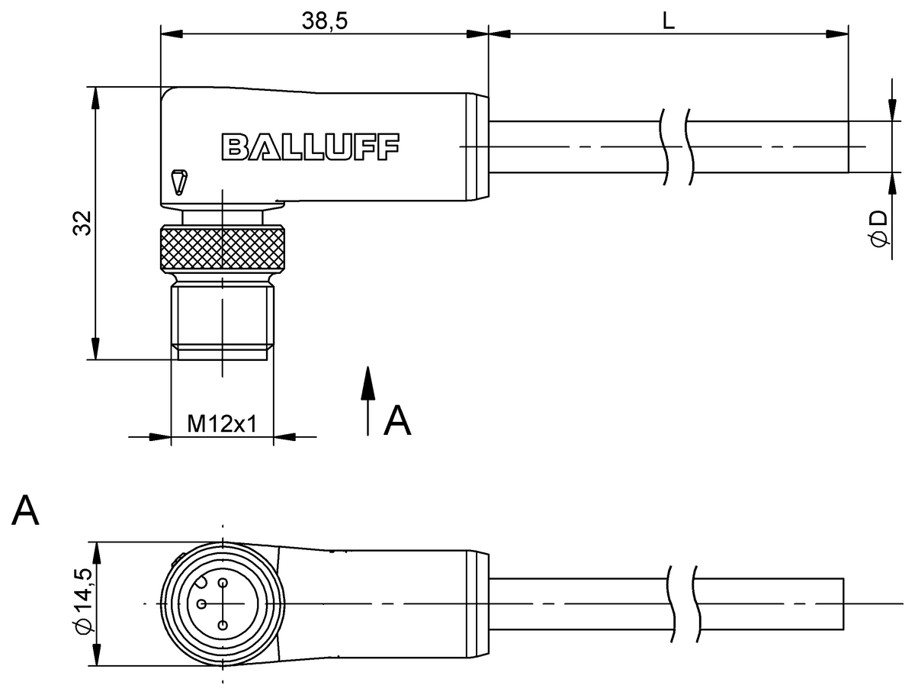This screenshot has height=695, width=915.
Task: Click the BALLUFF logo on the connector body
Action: click(x=310, y=146)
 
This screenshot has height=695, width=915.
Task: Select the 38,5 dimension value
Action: click(x=325, y=21)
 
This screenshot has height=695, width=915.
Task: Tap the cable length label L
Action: click(x=668, y=21)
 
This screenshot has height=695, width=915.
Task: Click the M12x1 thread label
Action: click(x=221, y=425)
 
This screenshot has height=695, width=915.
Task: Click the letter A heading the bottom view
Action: click(x=25, y=510)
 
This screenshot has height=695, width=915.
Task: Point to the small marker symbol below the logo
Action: click(x=178, y=182)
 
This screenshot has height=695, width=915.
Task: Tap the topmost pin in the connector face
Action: click(x=223, y=584)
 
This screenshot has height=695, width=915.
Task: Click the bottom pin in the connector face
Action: click(x=223, y=626)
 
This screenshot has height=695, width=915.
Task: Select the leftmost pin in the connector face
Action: click(x=201, y=604)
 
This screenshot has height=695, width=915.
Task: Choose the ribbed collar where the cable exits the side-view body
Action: click(x=477, y=146)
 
